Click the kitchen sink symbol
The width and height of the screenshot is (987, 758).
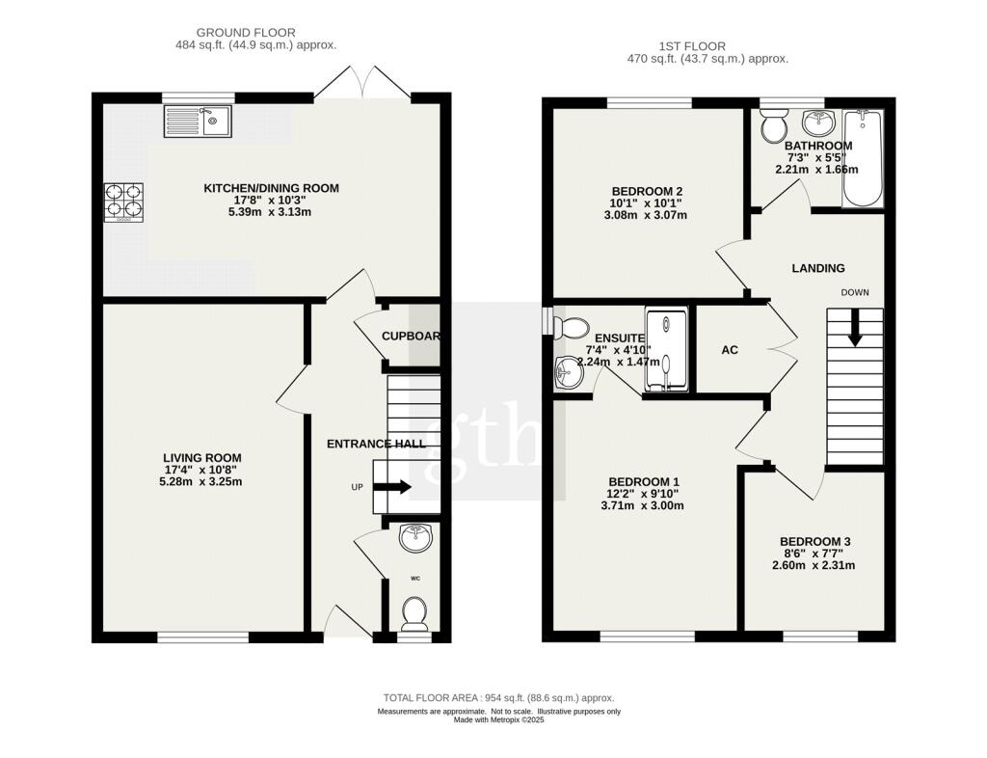[x=198, y=122]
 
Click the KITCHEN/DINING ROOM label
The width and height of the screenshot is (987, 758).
[x=271, y=188]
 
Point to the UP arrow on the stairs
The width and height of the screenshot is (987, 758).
[x=391, y=487]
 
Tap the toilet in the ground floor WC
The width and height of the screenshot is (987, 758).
[x=414, y=610]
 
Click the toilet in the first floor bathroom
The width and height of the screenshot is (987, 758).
[x=774, y=124]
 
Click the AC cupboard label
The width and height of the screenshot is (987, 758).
[x=730, y=350]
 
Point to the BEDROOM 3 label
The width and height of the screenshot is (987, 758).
[x=814, y=542]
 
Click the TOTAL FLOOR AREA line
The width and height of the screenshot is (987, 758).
[x=498, y=698]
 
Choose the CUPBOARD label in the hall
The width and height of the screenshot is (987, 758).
[x=411, y=337]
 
